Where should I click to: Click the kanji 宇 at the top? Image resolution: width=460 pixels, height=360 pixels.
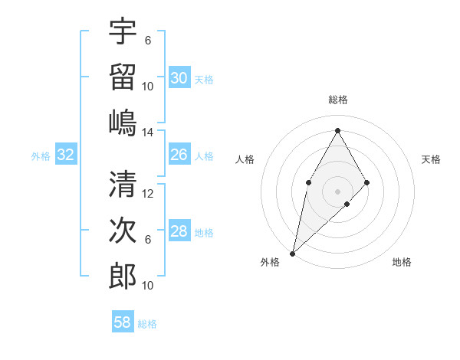tap(123, 31)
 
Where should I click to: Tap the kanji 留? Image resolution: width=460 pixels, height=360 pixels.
tap(123, 77)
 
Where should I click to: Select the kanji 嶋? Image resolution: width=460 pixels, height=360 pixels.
tap(123, 122)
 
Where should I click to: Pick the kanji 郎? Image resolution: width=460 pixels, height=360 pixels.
tap(123, 276)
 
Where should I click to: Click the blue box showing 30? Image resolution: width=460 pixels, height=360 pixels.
tap(179, 78)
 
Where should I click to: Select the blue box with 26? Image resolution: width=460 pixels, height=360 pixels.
tap(179, 155)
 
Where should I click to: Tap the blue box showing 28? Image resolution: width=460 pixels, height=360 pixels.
tap(179, 232)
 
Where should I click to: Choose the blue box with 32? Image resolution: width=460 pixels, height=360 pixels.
tap(66, 155)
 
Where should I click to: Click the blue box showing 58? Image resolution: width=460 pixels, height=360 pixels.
tap(123, 322)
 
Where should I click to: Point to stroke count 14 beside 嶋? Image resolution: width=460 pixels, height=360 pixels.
tap(148, 132)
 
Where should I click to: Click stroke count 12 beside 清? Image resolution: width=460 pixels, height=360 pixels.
tap(148, 194)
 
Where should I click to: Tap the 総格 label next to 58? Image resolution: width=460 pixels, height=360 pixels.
tap(147, 324)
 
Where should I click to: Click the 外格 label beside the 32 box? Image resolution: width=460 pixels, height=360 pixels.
tap(41, 156)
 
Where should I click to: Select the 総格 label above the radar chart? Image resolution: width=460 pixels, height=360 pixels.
tap(337, 100)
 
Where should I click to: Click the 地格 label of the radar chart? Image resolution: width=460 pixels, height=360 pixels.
tap(402, 263)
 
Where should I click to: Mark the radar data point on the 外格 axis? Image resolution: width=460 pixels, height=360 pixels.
tap(292, 253)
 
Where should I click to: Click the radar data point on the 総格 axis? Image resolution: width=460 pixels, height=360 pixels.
tap(337, 130)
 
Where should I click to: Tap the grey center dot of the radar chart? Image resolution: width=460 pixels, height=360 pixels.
tap(337, 191)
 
